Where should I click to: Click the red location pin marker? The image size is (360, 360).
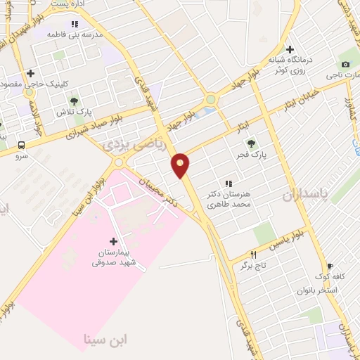tap(181, 165)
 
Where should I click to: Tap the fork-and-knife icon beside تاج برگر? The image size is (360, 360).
tap(254, 255)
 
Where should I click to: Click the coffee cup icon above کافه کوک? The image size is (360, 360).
tap(330, 266)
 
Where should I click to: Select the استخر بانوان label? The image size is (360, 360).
tap(317, 290)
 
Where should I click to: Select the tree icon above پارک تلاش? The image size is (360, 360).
tap(73, 101)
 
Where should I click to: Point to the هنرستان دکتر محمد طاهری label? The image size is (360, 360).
tap(229, 198)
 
